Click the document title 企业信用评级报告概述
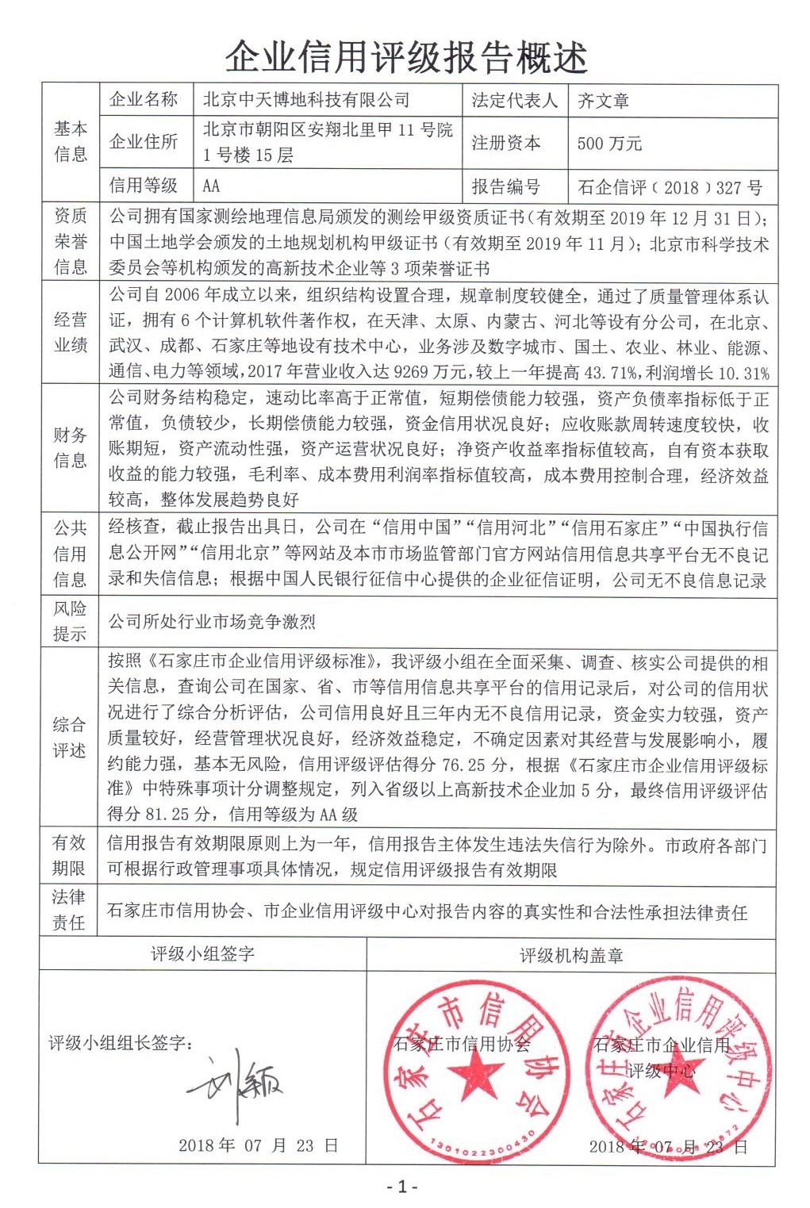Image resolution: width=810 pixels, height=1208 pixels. pos(405,57)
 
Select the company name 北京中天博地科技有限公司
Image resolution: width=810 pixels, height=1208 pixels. pos(306,100)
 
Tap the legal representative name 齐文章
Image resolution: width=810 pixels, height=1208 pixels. pos(603,101)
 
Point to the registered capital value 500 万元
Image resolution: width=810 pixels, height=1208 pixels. pos(609,144)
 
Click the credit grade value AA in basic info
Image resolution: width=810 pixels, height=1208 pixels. pos(211,186)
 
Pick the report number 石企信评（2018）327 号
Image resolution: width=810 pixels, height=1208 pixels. pos(670,188)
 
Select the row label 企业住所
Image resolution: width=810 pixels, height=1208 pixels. pos(144,142)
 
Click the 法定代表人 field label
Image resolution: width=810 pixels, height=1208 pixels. pos(514,101)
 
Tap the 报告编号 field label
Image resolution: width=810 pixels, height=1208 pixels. pos(505,187)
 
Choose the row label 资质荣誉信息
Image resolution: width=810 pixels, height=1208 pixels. pos(70,241)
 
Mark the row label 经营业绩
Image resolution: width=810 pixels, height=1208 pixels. pos(70,332)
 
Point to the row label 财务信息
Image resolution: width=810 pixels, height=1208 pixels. pos(70,447)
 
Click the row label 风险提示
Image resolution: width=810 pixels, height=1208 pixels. pos(70,621)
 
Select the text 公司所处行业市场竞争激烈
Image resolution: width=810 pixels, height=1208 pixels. pos(212,622)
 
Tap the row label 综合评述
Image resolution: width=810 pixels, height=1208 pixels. pos(70,737)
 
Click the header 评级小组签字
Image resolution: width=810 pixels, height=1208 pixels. pos(202,954)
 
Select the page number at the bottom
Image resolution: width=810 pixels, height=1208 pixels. pos(402,1187)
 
